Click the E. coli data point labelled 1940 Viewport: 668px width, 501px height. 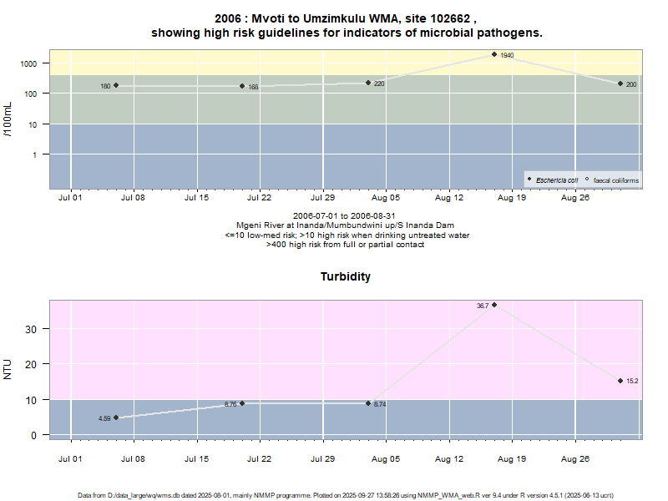pyautogui.click(x=494, y=54)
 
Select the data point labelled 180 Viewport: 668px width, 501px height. pyautogui.click(x=116, y=85)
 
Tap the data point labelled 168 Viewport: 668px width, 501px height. pyautogui.click(x=242, y=86)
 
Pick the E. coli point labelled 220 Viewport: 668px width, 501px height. pyautogui.click(x=368, y=83)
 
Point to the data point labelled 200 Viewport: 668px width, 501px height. pyautogui.click(x=620, y=83)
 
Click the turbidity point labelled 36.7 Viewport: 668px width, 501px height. pyautogui.click(x=494, y=305)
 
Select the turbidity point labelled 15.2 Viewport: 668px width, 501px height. pyautogui.click(x=620, y=381)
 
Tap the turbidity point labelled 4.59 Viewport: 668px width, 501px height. pyautogui.click(x=116, y=417)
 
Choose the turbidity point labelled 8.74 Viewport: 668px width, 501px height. pyautogui.click(x=368, y=403)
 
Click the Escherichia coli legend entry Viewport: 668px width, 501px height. pyautogui.click(x=556, y=180)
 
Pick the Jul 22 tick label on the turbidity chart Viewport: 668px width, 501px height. pyautogui.click(x=260, y=458)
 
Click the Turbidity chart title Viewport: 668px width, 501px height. pyautogui.click(x=346, y=276)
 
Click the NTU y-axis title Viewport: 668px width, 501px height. pyautogui.click(x=8, y=369)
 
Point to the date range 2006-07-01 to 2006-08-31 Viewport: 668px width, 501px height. pyautogui.click(x=345, y=216)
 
